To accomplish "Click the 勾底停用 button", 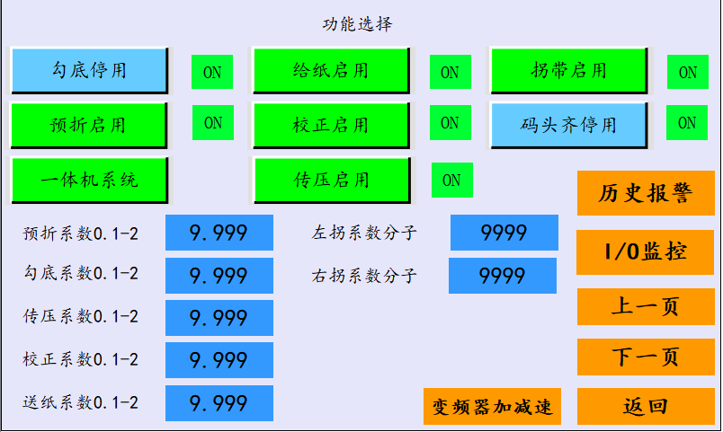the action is (89, 70).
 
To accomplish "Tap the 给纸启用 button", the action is (332, 70).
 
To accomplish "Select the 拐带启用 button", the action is (569, 70).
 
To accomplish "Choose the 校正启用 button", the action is (332, 125).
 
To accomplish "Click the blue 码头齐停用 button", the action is (569, 125).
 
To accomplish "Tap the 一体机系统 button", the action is (89, 181).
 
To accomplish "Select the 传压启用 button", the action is (332, 181).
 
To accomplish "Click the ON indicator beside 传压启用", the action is (451, 181).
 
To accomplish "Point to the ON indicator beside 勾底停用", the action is (212, 72).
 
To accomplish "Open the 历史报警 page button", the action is (646, 193).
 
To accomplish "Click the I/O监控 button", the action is (646, 251).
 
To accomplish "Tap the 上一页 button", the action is (646, 306).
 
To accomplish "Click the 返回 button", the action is (646, 406).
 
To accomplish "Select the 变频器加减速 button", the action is (492, 406).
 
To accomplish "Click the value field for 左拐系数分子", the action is (504, 233).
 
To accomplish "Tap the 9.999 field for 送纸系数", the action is (219, 403).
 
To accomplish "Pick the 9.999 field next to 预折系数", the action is (219, 233).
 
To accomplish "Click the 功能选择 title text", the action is (357, 24).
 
